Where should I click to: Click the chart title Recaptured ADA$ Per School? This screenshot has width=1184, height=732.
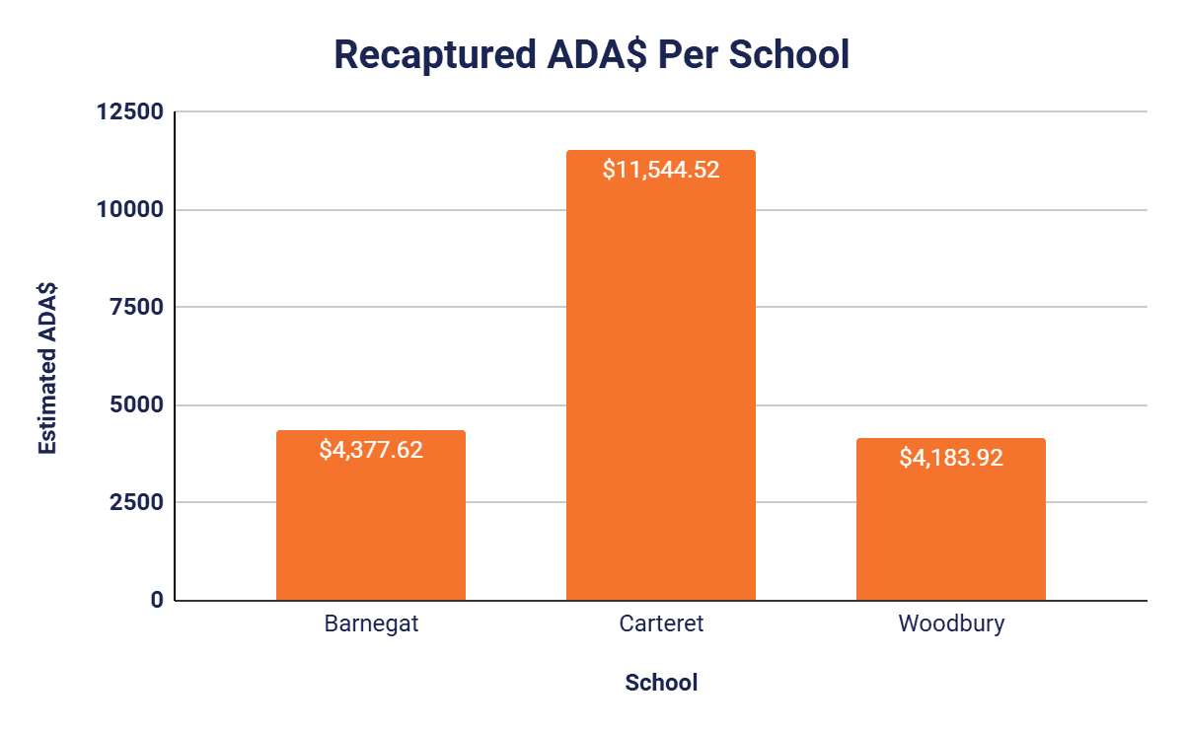pos(591,55)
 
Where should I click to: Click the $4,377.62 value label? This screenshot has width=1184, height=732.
pos(370,450)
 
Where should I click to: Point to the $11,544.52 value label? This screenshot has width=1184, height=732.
pos(660,169)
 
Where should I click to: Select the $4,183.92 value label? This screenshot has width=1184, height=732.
pos(950,458)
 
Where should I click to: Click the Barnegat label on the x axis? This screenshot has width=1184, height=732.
pos(370,624)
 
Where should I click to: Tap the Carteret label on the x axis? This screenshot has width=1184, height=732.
pos(660,624)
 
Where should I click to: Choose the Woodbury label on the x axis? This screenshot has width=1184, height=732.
pos(950,624)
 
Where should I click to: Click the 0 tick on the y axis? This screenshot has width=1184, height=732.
pos(157,600)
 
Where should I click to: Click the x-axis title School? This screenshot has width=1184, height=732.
pos(661,683)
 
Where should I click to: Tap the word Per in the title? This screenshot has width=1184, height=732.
pos(689,55)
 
